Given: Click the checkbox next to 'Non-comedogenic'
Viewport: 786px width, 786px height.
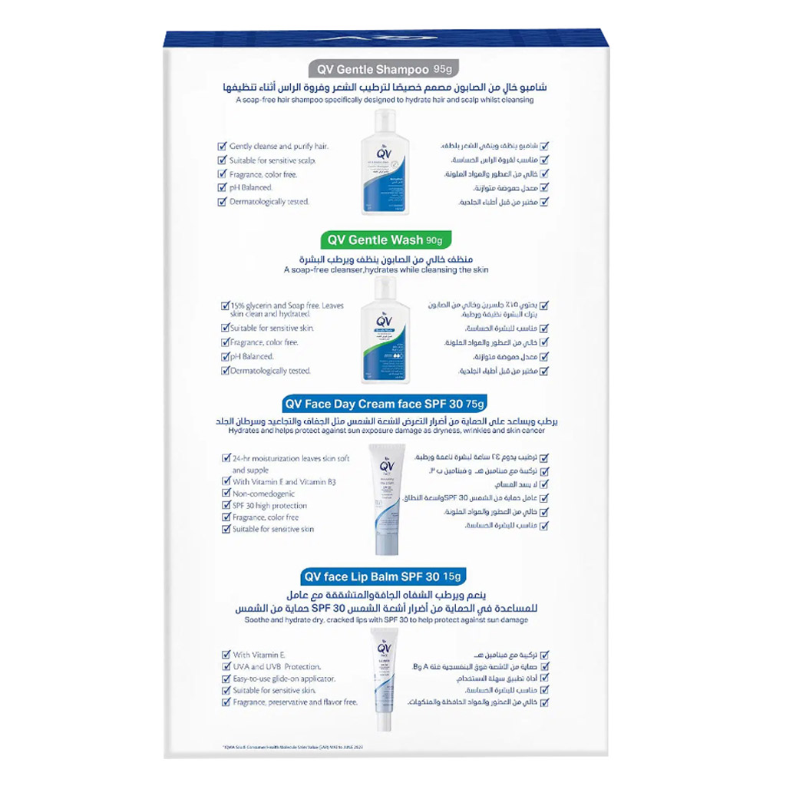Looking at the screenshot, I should (226, 494).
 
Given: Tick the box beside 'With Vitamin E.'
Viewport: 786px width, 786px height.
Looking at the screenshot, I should (226, 655).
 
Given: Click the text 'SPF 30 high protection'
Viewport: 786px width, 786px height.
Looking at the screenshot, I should (269, 506).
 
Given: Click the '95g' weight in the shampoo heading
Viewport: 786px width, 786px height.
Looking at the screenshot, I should (444, 68).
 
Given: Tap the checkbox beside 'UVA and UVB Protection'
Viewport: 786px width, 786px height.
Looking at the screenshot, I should (226, 666).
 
